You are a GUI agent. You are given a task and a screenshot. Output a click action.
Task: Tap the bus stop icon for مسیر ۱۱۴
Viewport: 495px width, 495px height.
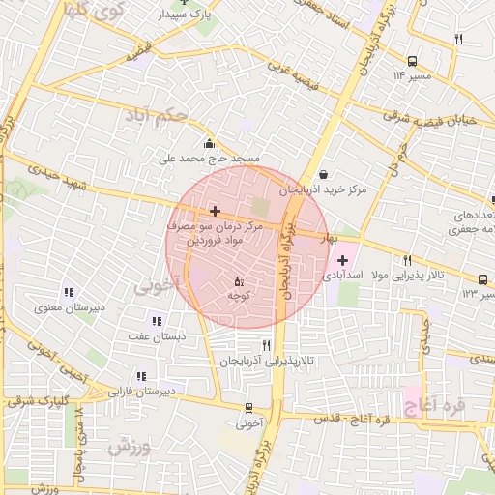click(413, 59)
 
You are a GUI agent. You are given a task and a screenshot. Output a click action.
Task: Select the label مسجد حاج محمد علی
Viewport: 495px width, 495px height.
click(209, 157)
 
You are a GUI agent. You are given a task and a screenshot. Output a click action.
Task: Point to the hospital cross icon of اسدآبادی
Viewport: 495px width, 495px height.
click(342, 260)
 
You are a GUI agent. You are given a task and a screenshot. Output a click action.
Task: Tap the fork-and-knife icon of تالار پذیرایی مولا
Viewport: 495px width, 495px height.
click(407, 260)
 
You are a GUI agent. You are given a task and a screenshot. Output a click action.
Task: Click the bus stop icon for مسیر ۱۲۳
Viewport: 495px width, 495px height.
click(482, 277)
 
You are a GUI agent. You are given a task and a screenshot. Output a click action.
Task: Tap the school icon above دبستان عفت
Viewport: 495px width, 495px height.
click(156, 321)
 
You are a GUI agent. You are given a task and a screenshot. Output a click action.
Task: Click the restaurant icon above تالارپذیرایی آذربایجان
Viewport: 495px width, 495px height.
click(266, 345)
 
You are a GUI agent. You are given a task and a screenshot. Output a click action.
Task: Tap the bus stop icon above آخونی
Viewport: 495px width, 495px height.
click(250, 408)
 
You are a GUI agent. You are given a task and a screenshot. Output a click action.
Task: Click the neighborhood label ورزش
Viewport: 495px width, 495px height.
click(127, 448)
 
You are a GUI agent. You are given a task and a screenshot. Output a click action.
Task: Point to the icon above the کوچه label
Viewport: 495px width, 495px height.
click(238, 281)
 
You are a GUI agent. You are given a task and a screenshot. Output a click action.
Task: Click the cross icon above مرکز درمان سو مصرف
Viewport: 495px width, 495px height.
click(214, 210)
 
